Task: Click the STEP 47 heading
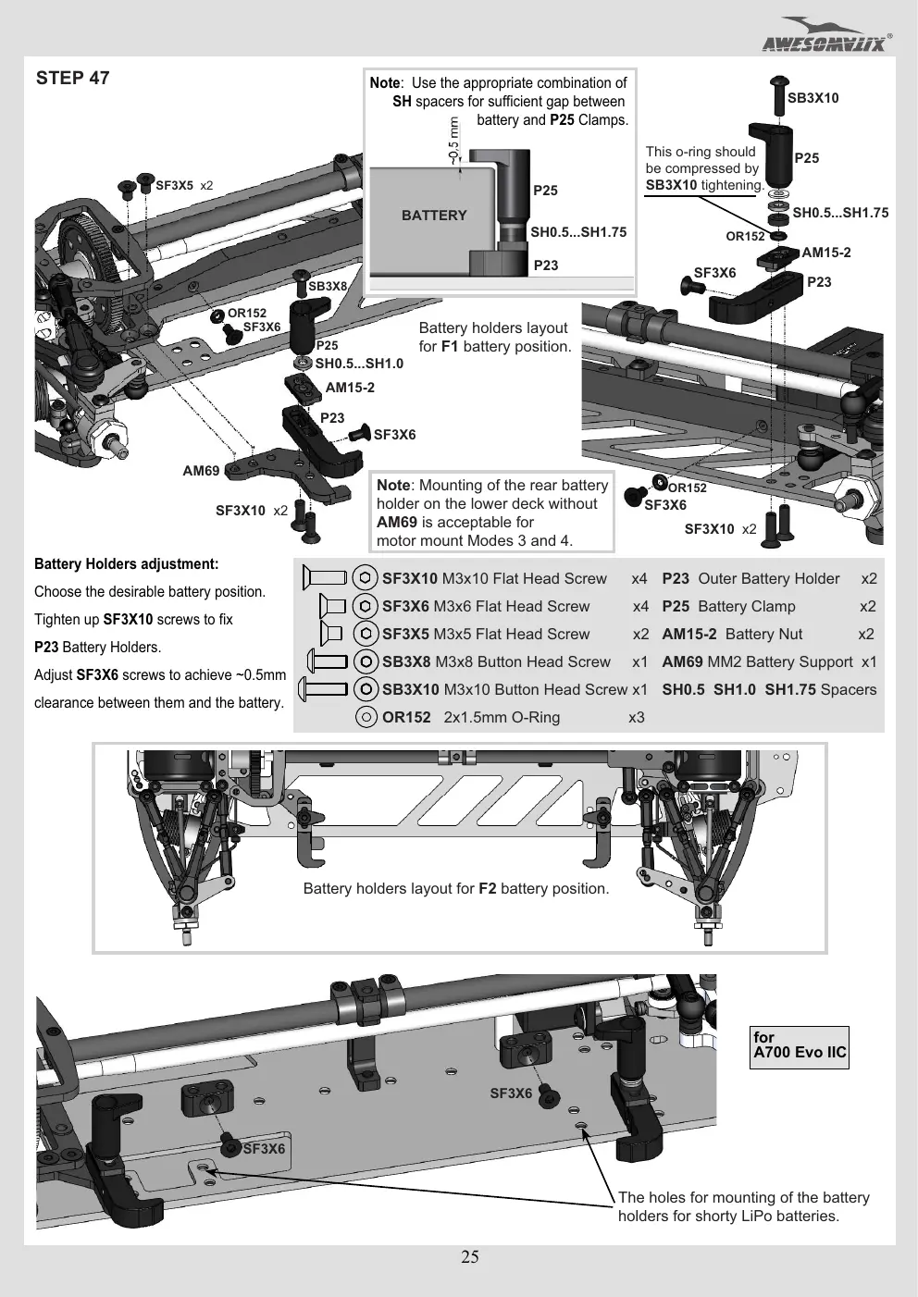pos(72,78)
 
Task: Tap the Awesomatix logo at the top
pos(825,36)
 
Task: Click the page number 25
pos(470,1256)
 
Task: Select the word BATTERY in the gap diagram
pos(434,216)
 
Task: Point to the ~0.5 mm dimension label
pos(453,140)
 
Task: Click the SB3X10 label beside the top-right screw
pos(813,98)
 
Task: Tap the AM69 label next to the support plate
pos(201,471)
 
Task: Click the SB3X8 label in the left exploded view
pos(328,286)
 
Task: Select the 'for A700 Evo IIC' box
pos(800,1047)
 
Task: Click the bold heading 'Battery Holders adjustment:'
pos(126,564)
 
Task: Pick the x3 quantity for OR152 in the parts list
pos(637,717)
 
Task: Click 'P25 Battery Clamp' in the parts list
pos(728,606)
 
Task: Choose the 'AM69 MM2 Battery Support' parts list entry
pos(757,661)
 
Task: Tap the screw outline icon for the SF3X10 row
pos(324,578)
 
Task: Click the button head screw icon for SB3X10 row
pos(323,689)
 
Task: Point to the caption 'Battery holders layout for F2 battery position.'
pos(456,888)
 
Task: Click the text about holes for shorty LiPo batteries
pos(744,1206)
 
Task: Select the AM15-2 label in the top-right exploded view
pos(825,253)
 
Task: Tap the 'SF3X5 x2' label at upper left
pos(184,185)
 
